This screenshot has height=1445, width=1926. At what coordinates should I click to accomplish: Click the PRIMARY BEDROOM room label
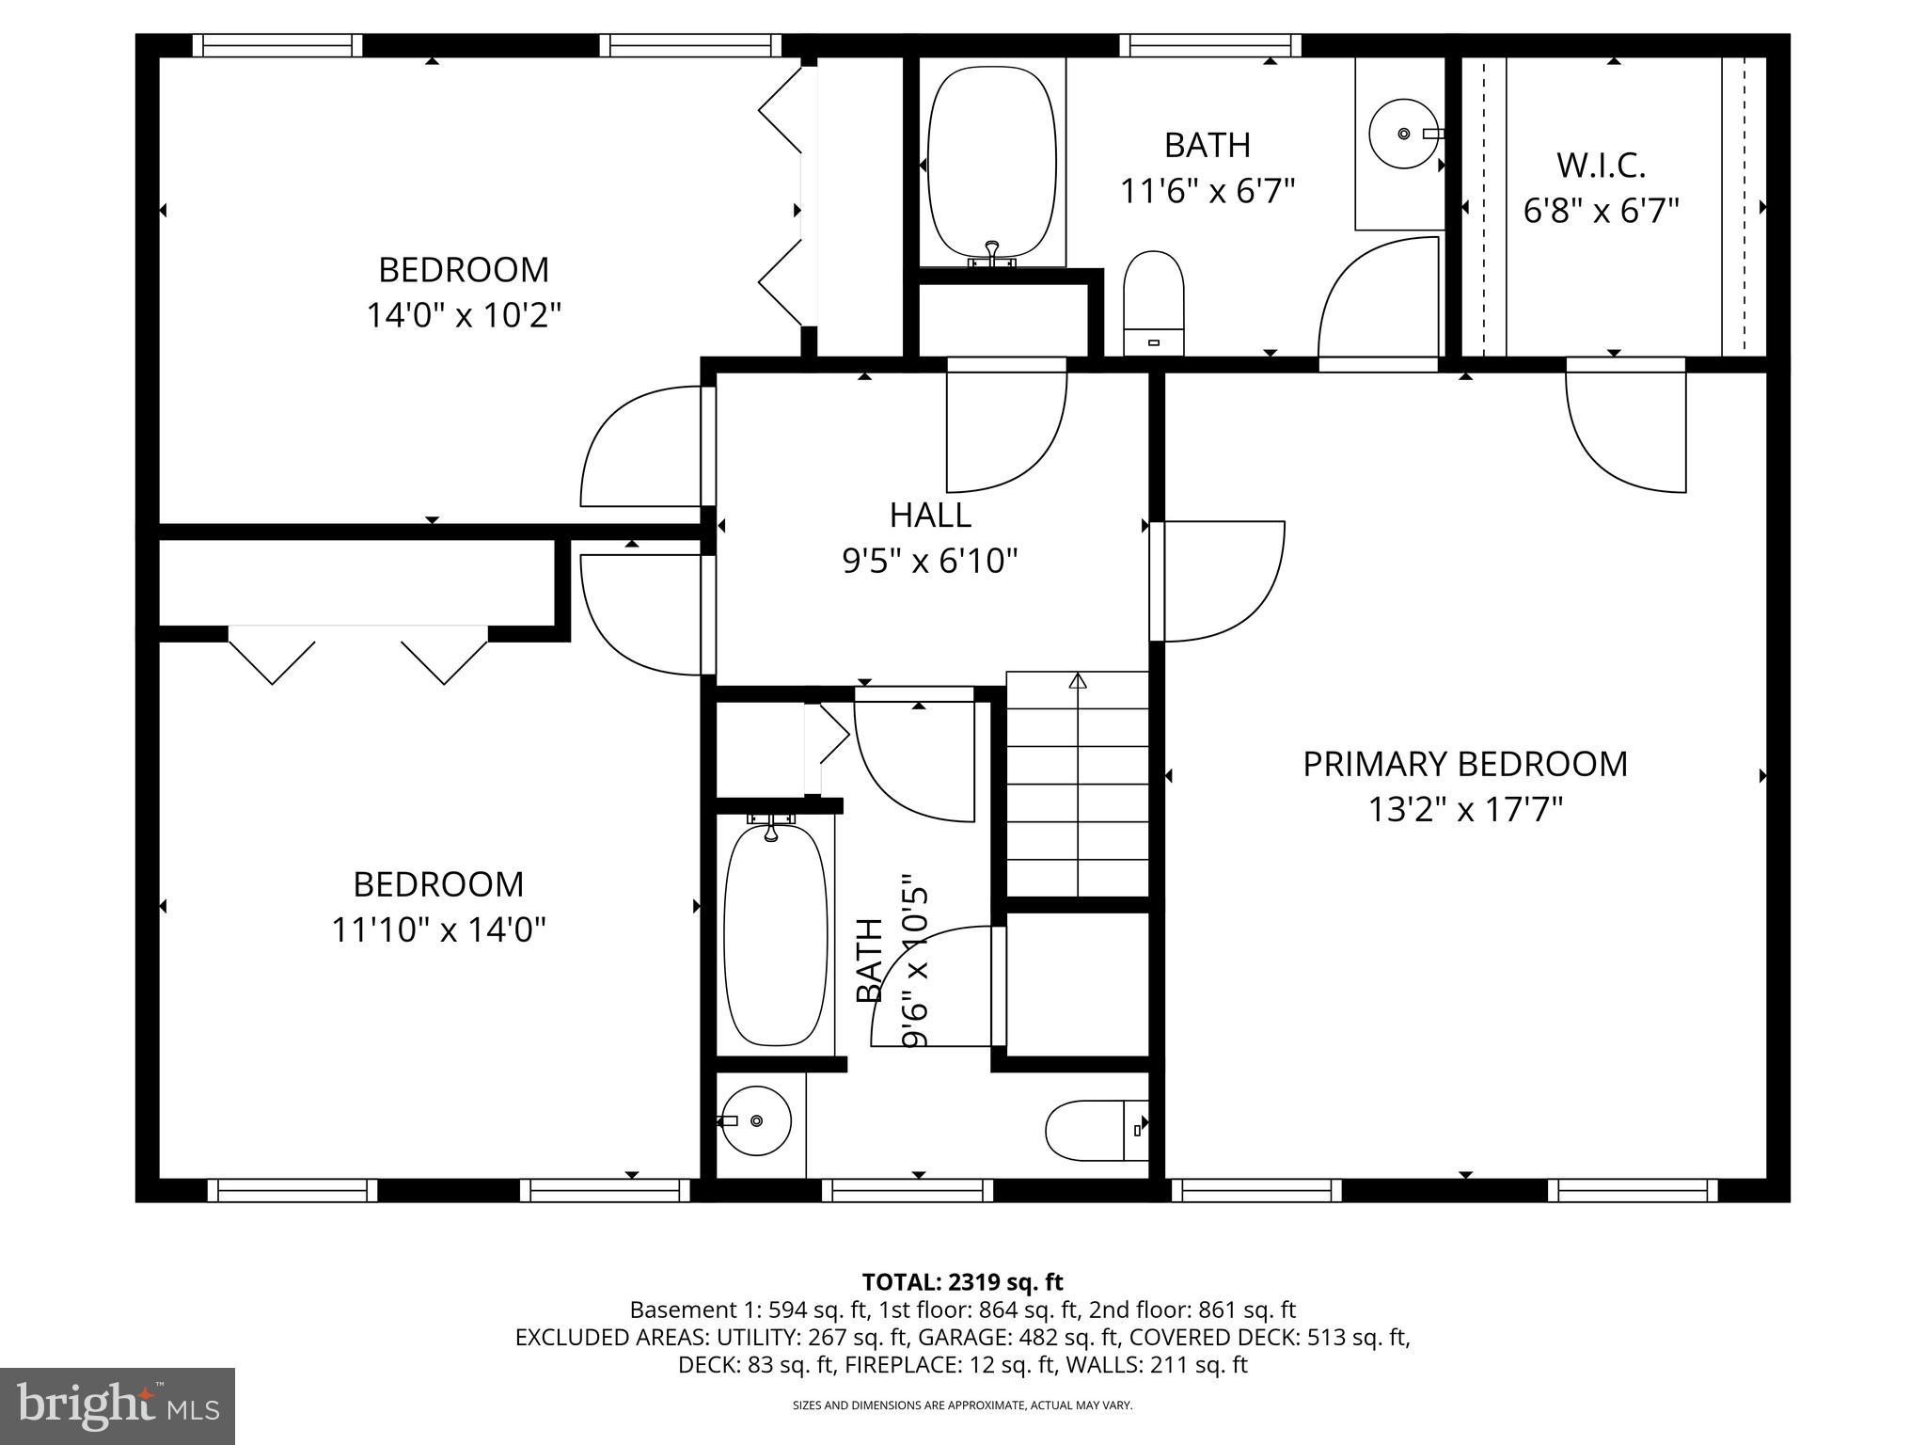1464,764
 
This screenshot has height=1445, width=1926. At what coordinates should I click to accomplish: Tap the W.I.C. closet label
1601,166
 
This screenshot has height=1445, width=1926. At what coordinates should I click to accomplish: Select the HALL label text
930,516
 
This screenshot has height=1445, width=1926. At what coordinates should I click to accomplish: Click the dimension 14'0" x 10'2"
464,315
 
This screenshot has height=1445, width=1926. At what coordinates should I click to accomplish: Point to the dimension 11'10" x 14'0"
438,930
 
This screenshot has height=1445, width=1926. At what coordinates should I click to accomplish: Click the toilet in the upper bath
1154,301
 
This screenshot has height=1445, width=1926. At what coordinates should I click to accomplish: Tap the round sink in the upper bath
1402,135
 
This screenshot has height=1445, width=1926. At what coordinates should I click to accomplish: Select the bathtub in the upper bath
991,162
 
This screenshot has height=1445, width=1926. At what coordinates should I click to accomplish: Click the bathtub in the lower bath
776,935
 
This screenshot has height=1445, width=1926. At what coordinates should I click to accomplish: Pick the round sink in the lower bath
756,1120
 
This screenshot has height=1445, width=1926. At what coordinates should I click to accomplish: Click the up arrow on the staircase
1078,680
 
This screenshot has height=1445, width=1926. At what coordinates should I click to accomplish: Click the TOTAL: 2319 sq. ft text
962,1281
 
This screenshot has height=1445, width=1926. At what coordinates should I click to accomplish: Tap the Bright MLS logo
118,1405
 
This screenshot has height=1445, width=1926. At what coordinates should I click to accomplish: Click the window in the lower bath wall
908,1190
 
